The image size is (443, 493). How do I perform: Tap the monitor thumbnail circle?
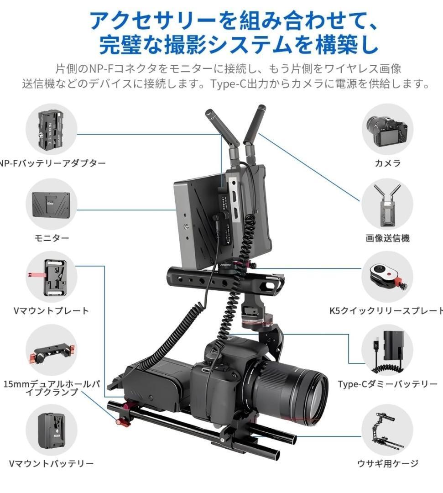click(51, 204)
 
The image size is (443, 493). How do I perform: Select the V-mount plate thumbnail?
click(51, 277)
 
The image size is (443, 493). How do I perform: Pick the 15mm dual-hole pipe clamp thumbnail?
click(51, 350)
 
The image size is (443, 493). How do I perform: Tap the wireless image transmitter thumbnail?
click(387, 204)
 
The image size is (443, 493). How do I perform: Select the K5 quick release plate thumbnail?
click(387, 277)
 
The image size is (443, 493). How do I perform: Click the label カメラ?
click(387, 163)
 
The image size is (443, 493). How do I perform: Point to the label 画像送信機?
click(387, 238)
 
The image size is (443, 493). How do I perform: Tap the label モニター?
click(52, 238)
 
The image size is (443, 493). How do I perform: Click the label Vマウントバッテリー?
click(52, 463)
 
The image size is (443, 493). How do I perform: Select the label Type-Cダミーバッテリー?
click(387, 384)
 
